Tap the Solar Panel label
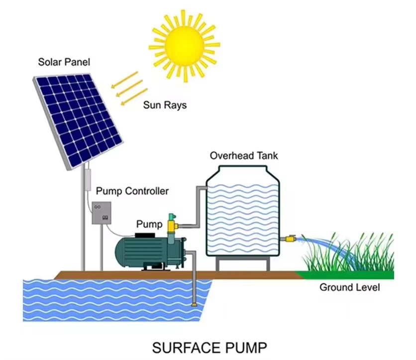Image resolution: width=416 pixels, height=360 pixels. tap(64, 63)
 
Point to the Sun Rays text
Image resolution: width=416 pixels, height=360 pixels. tap(165, 105)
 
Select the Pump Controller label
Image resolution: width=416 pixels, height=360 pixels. tap(132, 191)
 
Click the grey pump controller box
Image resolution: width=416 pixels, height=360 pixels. tap(102, 213)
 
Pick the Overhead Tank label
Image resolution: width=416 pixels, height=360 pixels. tap(243, 155)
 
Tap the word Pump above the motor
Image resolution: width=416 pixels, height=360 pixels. tap(149, 225)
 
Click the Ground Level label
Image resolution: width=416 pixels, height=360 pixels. tap(349, 287)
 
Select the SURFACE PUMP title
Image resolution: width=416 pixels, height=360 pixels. tap(209, 347)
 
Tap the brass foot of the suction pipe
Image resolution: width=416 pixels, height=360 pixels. tap(194, 302)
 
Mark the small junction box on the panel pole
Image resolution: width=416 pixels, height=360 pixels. tap(88, 177)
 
